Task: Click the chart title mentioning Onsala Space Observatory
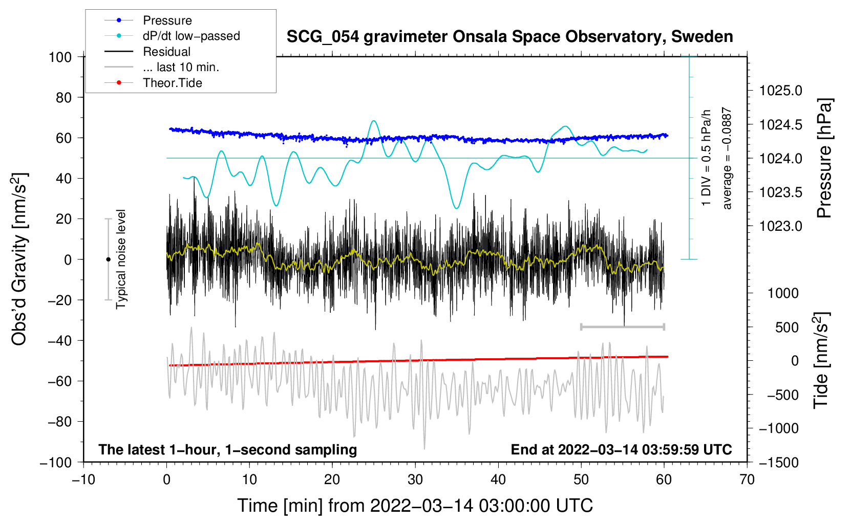click(509, 37)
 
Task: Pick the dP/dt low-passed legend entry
click(191, 36)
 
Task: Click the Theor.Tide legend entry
click(172, 83)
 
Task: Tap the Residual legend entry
click(166, 52)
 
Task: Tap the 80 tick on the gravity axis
click(63, 97)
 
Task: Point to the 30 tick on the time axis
click(415, 480)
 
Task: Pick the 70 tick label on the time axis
click(747, 480)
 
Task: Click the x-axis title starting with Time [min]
click(415, 506)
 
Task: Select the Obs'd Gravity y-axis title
click(19, 259)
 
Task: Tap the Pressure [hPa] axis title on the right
click(824, 158)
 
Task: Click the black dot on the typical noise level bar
click(108, 259)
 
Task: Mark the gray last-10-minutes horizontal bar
click(622, 327)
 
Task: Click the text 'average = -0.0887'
click(727, 158)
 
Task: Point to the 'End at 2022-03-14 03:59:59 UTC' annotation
click(621, 449)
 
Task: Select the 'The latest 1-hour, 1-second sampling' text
click(227, 449)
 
